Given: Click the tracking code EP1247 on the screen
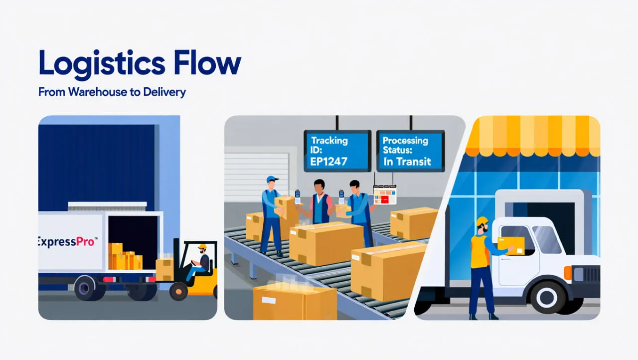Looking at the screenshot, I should pyautogui.click(x=328, y=161).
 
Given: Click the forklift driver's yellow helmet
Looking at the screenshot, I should pyautogui.click(x=202, y=247).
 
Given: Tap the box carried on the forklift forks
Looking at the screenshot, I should pyautogui.click(x=164, y=269).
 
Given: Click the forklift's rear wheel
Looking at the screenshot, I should pyautogui.click(x=178, y=291).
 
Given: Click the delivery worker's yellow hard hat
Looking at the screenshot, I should pyautogui.click(x=482, y=221).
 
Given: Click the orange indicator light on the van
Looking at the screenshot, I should pyautogui.click(x=568, y=273).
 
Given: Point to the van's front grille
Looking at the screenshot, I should pyautogui.click(x=591, y=275).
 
